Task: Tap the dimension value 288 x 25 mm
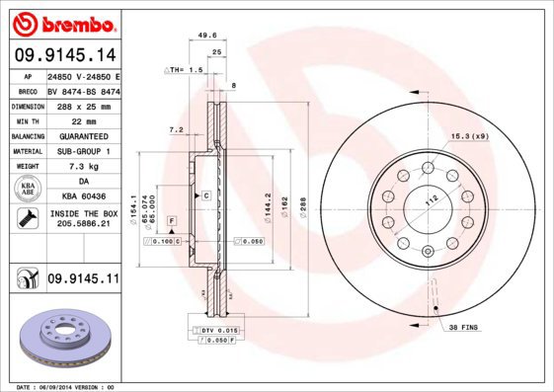pos(82,105)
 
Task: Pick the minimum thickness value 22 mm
pos(82,120)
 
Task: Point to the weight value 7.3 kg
pos(82,167)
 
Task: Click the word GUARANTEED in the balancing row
pos(82,135)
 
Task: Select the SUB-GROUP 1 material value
pos(82,151)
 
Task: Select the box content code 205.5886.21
pos(82,225)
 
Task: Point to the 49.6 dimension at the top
pos(207,36)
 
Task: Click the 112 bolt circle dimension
pos(431,199)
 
